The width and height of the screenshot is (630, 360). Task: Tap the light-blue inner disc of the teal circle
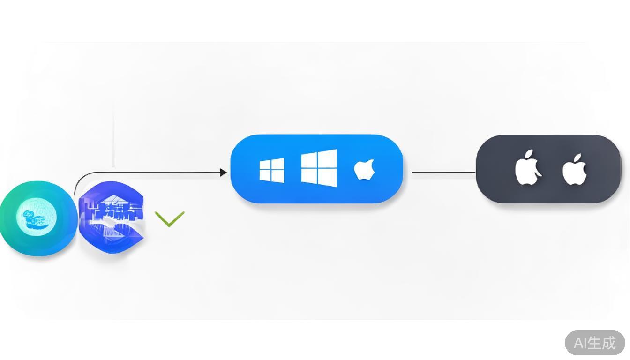tap(37, 217)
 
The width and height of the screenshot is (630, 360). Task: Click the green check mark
tap(169, 219)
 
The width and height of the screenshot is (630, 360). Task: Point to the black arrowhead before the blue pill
tap(224, 172)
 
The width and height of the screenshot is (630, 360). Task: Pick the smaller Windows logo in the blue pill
tap(271, 170)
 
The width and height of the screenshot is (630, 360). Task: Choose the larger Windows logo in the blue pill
tap(319, 168)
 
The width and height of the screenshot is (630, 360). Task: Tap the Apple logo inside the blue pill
tap(364, 170)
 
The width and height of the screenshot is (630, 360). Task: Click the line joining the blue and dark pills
tap(443, 172)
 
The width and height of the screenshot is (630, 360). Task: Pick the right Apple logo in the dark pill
tap(574, 170)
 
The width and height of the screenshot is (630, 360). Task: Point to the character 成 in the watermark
tap(608, 343)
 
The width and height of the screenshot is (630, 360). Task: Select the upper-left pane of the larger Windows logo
tap(309, 159)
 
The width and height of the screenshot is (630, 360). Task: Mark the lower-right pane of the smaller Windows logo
tap(277, 176)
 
